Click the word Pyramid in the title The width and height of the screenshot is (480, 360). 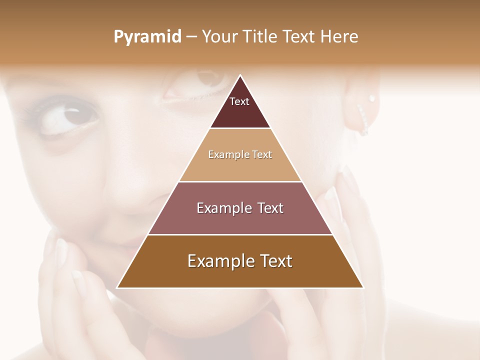pos(147,37)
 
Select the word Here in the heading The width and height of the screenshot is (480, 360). pos(339,36)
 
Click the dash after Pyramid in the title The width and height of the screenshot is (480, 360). pos(191,37)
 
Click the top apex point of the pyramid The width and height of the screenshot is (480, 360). pos(240,75)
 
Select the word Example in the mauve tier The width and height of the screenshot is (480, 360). pos(222,208)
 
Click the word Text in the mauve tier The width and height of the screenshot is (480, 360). pos(270,208)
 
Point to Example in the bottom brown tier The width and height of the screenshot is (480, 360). pos(219,261)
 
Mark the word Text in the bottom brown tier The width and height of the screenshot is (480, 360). pos(276,261)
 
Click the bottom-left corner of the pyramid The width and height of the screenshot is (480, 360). pos(117,287)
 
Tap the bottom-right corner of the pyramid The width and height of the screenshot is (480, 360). pos(363,287)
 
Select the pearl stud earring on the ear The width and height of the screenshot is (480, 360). pos(371,98)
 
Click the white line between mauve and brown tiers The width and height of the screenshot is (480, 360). pos(240,234)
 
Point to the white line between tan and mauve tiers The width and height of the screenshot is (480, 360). pos(240,181)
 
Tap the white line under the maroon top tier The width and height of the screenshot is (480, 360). pos(240,128)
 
